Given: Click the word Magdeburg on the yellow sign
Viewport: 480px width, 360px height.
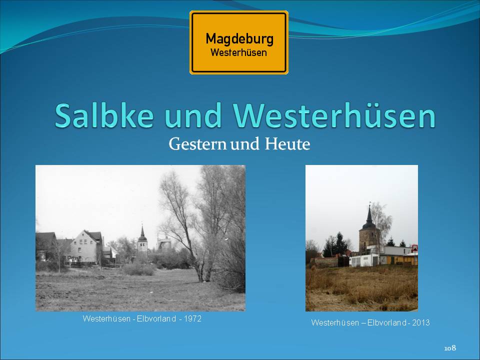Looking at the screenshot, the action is [x=239, y=39].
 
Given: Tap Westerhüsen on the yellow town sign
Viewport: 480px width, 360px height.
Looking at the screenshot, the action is [x=238, y=52].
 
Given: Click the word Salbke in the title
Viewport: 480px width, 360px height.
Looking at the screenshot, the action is [x=104, y=115].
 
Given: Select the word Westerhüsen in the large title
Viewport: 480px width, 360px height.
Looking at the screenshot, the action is [x=334, y=115].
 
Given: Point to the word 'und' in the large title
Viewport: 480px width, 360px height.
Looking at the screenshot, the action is [x=193, y=115].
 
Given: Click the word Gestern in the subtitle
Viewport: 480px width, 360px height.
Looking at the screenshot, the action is [x=198, y=144].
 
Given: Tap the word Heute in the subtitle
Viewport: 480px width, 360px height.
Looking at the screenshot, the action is [x=287, y=144].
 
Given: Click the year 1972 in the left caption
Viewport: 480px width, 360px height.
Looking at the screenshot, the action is [x=192, y=318].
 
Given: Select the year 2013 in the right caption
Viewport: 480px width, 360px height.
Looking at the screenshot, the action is [x=421, y=322].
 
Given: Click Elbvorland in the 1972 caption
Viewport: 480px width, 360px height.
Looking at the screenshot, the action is [x=156, y=318].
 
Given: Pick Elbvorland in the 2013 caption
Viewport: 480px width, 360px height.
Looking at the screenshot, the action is [x=387, y=322].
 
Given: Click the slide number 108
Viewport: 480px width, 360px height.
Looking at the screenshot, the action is [x=450, y=348].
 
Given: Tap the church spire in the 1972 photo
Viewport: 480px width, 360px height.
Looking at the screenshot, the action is [x=142, y=232].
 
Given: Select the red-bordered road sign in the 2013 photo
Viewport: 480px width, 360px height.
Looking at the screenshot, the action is [x=415, y=248].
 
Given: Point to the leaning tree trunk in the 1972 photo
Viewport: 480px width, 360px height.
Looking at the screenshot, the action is [x=190, y=245].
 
